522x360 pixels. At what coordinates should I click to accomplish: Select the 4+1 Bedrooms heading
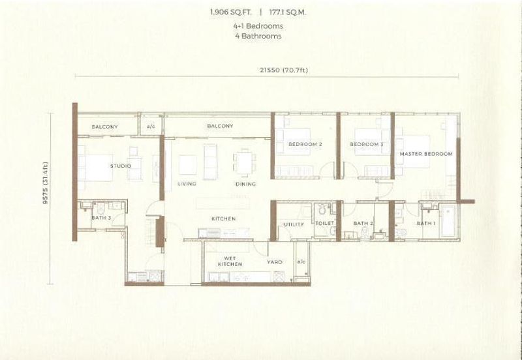click(x=258, y=26)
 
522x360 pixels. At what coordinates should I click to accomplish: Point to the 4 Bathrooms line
click(x=258, y=37)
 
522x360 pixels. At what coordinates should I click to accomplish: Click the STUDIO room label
click(x=120, y=166)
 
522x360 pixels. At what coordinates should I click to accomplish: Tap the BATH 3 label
click(x=100, y=218)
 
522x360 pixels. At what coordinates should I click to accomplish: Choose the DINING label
click(x=245, y=184)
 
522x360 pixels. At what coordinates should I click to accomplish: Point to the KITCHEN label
click(x=223, y=218)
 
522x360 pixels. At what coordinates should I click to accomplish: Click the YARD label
click(x=275, y=262)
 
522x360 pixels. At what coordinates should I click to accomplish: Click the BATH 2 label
click(x=362, y=224)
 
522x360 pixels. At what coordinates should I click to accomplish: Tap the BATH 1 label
click(x=425, y=224)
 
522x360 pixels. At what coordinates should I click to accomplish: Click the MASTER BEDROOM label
click(x=425, y=154)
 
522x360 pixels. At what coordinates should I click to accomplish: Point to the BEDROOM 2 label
click(x=305, y=144)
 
